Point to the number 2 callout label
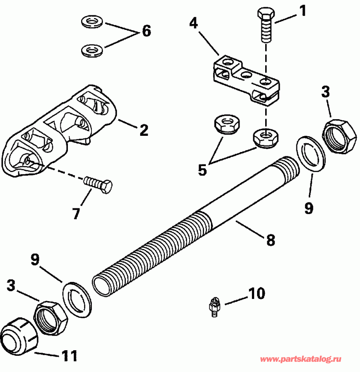143,130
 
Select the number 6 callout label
146,31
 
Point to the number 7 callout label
76,213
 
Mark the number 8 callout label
270,240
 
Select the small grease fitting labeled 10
213,307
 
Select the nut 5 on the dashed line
265,138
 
